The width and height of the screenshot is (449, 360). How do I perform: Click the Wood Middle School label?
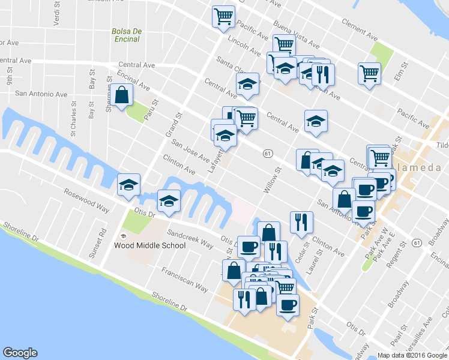click(x=149, y=245)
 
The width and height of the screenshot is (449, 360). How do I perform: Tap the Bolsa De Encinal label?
click(x=125, y=35)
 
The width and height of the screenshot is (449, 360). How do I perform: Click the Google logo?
click(x=20, y=353)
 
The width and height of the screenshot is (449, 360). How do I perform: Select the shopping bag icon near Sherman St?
click(x=122, y=95)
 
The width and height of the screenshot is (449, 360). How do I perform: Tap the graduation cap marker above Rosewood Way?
click(x=128, y=185)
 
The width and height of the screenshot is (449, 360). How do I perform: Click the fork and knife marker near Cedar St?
click(x=300, y=222)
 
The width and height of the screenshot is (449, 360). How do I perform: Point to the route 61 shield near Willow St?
click(x=268, y=154)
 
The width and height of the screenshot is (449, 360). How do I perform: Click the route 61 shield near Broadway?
click(x=417, y=242)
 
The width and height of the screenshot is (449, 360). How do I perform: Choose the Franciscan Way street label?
click(x=185, y=280)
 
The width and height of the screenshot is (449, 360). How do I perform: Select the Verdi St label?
click(x=56, y=12)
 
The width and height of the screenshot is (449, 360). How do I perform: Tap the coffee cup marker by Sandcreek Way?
click(x=249, y=246)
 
